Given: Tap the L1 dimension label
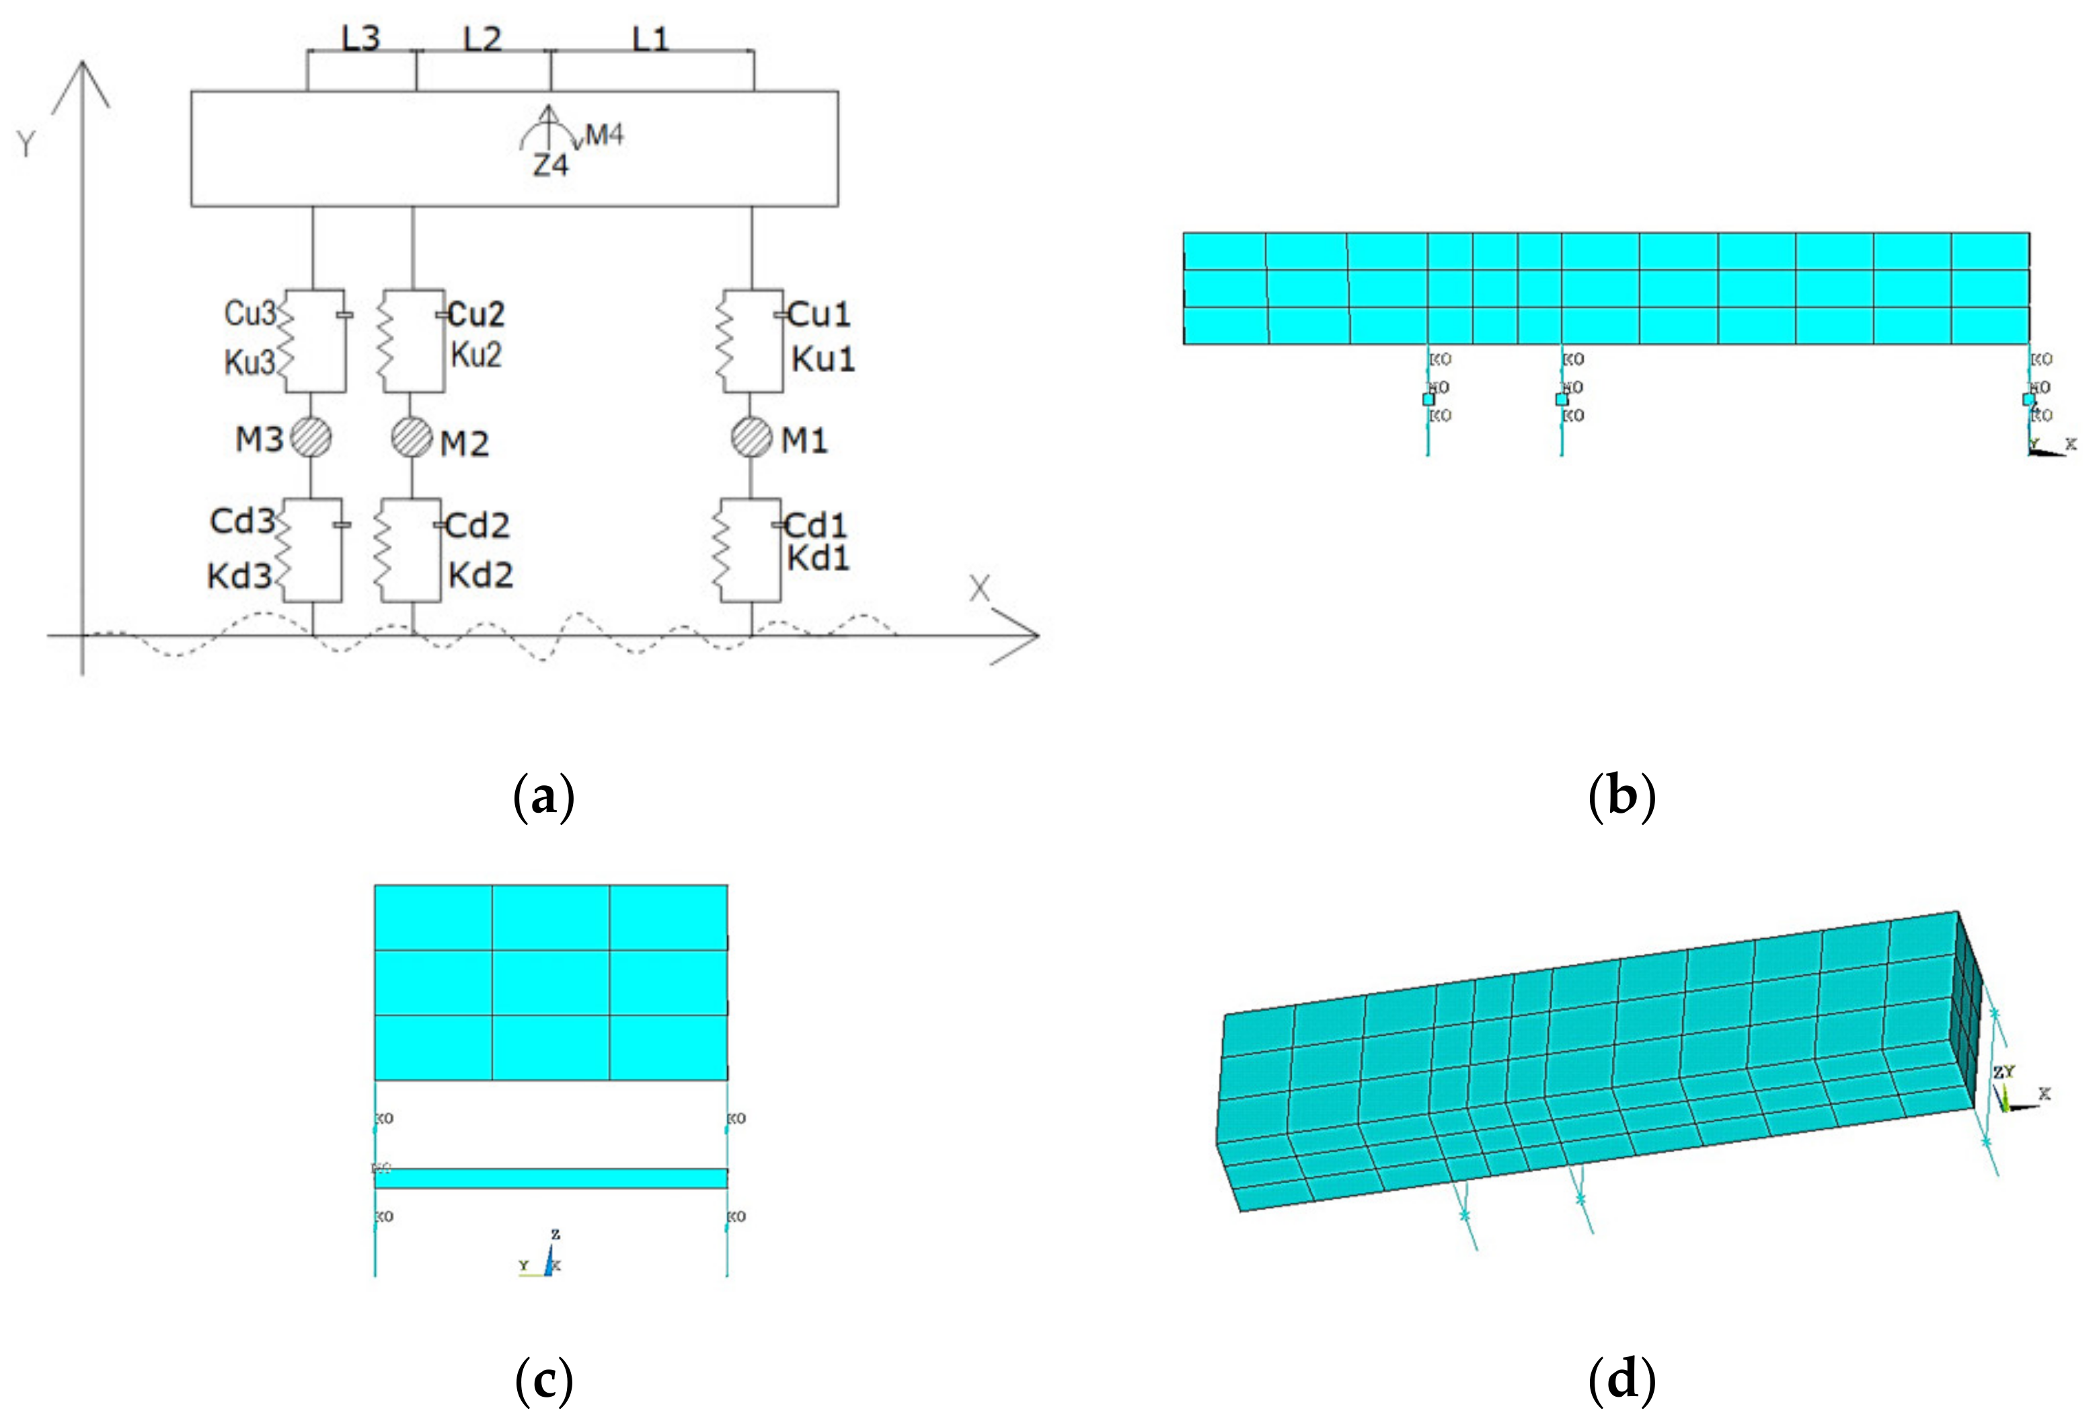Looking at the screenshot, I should point(650,40).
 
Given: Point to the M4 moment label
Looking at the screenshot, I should point(604,135).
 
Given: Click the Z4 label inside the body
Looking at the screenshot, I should point(550,165).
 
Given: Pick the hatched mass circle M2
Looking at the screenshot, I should point(412,438).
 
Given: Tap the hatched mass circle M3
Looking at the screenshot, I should point(311,438).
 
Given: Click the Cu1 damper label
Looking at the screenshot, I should point(818,314).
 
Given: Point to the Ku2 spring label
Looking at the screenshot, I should point(475,355).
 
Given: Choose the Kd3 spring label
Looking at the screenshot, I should point(239,575).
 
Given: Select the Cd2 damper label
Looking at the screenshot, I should point(478,525).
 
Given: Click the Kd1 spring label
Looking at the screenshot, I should point(818,558).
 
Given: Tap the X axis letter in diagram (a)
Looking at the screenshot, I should point(979,589).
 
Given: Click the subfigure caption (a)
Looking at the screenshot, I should point(543,797).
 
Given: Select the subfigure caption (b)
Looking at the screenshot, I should point(1622,797).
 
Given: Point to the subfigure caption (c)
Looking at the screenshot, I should point(543,1380).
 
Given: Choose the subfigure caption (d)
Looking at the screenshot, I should point(1622,1380).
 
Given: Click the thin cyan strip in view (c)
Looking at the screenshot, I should point(550,1177).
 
